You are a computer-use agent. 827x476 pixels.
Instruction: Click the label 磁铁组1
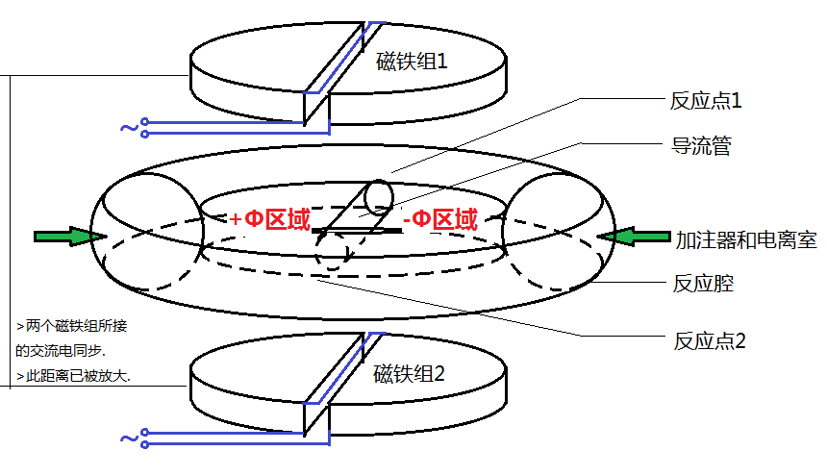(413, 64)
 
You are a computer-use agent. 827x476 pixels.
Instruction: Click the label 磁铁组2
(409, 374)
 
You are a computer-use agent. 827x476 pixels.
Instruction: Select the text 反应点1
(706, 100)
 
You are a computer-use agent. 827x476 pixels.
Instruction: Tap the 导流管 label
(701, 147)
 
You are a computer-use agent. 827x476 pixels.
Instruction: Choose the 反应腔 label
(701, 286)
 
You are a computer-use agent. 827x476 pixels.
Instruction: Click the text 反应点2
(708, 340)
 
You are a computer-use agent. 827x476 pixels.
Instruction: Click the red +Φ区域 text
(270, 220)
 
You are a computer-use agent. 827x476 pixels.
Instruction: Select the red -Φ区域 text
(440, 220)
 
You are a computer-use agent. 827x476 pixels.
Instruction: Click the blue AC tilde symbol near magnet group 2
(128, 438)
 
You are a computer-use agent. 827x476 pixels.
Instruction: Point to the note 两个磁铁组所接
(72, 326)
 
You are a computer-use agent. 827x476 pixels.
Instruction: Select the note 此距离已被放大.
(73, 376)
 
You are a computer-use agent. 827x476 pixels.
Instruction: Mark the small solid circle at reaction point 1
(379, 195)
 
